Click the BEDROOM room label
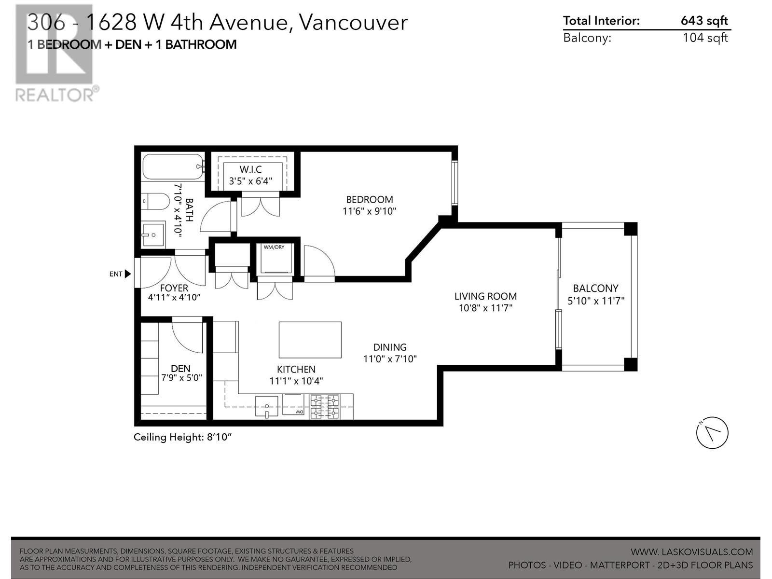click(369, 199)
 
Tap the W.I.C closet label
click(250, 169)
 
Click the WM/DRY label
click(274, 247)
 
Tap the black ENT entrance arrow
click(128, 274)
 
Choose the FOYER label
click(174, 288)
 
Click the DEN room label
click(180, 369)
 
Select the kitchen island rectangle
click(310, 340)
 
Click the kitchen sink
click(267, 406)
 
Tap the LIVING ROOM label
click(485, 296)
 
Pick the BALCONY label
click(595, 288)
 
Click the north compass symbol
click(712, 433)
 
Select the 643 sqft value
click(704, 21)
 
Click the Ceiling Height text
click(182, 437)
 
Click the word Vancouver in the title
click(353, 23)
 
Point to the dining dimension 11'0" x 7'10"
click(390, 358)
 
